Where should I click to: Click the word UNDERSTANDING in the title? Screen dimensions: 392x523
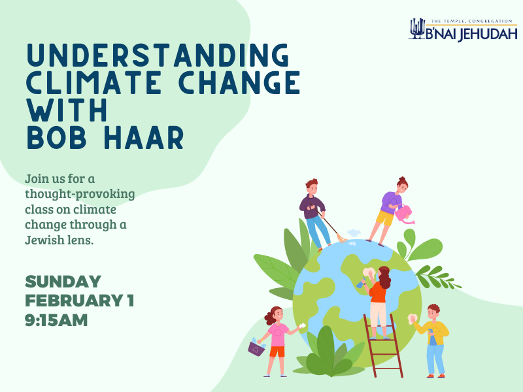point(157,55)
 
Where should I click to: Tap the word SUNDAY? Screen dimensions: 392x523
point(63,282)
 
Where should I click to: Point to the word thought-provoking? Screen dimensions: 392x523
point(80,193)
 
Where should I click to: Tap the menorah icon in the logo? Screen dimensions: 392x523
point(417,29)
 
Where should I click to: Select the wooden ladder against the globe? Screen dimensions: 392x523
point(383,345)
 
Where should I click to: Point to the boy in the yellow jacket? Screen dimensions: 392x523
point(434,338)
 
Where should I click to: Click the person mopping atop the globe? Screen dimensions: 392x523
point(316,212)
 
